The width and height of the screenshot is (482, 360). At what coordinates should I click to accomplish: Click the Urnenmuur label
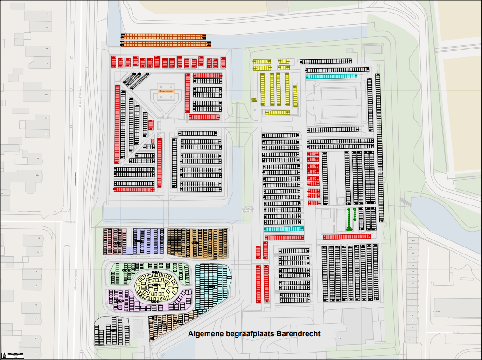tap(166, 92)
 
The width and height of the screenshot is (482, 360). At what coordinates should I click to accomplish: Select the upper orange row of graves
tap(163, 36)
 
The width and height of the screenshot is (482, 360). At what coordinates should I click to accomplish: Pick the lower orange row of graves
tap(163, 43)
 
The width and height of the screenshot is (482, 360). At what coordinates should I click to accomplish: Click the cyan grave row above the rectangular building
tap(331, 76)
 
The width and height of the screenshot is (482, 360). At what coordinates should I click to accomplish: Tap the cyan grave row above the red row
tap(283, 229)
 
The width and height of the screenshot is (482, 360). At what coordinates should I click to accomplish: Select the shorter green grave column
tap(355, 214)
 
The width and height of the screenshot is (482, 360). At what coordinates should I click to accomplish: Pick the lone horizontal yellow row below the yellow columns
tap(277, 113)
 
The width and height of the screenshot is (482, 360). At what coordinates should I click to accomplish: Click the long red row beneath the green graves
tap(347, 237)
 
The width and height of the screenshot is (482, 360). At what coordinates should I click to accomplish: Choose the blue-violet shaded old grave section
tap(148, 241)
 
